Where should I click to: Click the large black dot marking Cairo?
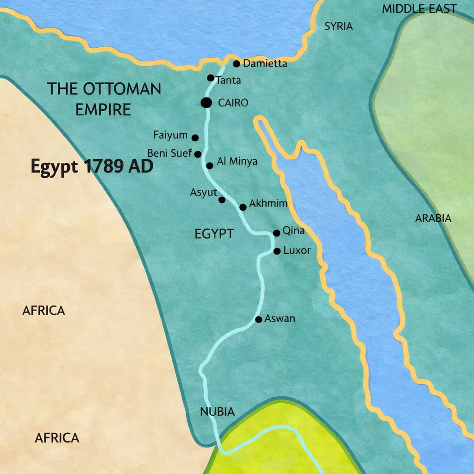[x=206, y=103]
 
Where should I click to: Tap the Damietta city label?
[x=265, y=64]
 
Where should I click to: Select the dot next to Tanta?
[x=211, y=78]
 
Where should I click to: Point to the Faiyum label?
[x=170, y=136]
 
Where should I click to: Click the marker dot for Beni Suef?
[x=198, y=154]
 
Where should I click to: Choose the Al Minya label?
[x=237, y=162]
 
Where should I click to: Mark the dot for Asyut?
[x=222, y=200]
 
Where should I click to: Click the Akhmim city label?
[x=268, y=204]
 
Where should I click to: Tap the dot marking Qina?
[x=276, y=233]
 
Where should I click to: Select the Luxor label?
[x=297, y=251]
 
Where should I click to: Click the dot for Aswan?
[x=259, y=319]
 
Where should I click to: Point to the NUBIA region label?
[x=217, y=412]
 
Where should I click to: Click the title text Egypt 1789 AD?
[x=92, y=166]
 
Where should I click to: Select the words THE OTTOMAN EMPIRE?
[x=104, y=99]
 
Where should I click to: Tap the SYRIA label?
[x=338, y=26]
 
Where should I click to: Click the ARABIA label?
[x=433, y=218]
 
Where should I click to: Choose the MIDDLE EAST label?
[x=419, y=8]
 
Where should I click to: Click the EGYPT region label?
[x=214, y=234]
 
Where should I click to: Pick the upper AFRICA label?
[x=44, y=311]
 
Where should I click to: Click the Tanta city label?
[x=228, y=81]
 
